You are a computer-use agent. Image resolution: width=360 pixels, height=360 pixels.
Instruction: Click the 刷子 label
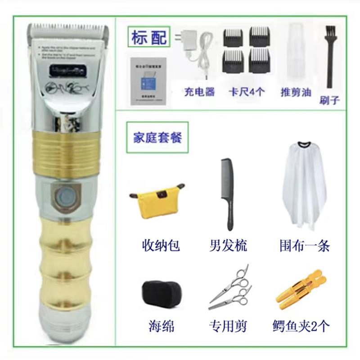(329, 100)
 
